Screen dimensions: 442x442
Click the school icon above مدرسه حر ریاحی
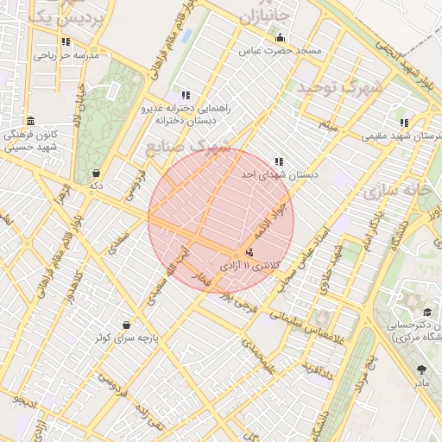(66, 41)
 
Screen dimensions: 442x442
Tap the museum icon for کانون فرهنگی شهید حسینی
(31, 120)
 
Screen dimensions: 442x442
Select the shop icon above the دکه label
(94, 172)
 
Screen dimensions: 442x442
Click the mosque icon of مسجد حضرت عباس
(280, 38)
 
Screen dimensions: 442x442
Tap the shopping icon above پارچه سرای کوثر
(127, 325)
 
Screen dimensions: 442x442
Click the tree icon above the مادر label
(421, 369)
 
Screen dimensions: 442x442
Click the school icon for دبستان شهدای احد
(278, 161)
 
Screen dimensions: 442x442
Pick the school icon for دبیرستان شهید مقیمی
(404, 123)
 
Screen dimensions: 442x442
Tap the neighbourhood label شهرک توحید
(339, 87)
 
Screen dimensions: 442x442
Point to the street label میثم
(325, 127)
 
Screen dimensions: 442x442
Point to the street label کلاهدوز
(73, 286)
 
